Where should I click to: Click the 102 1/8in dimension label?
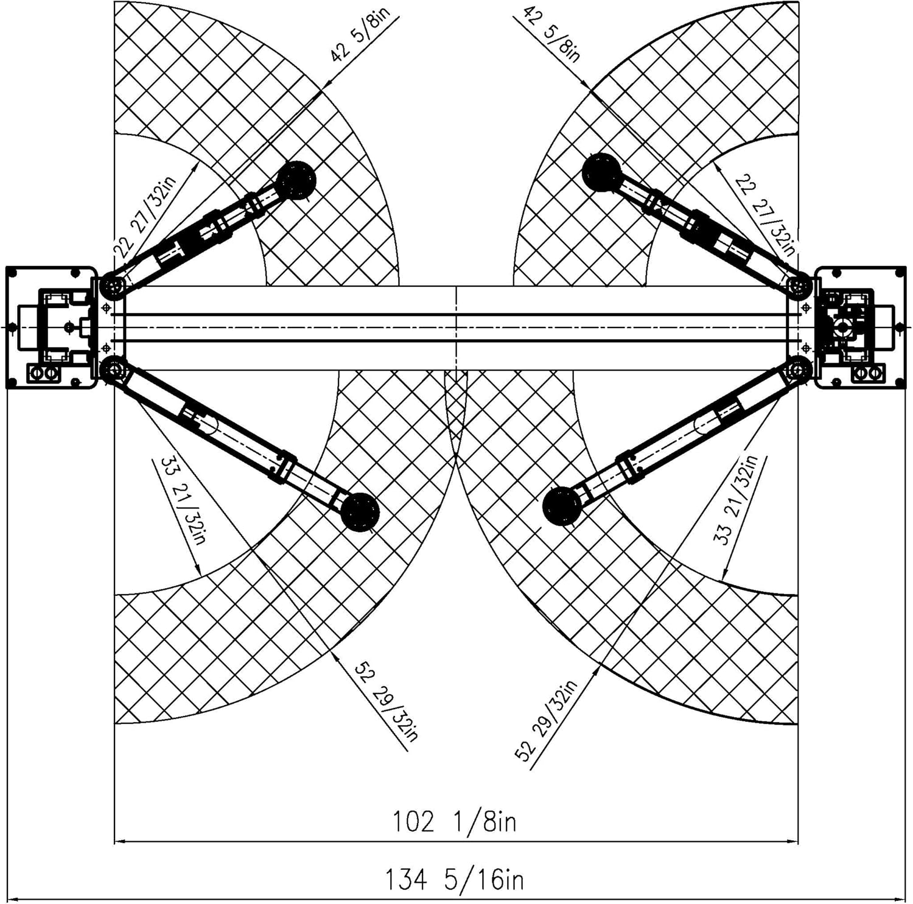point(454,821)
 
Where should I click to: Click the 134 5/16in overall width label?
point(454,880)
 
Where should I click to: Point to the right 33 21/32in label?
point(735,500)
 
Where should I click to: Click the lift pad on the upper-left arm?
point(296,180)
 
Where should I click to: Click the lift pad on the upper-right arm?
point(602,172)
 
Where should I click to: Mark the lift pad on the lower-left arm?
point(360,512)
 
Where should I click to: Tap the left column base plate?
point(51,327)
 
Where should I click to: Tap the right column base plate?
point(860,327)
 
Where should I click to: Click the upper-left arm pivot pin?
point(112,285)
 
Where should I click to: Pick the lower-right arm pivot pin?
point(799,369)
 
